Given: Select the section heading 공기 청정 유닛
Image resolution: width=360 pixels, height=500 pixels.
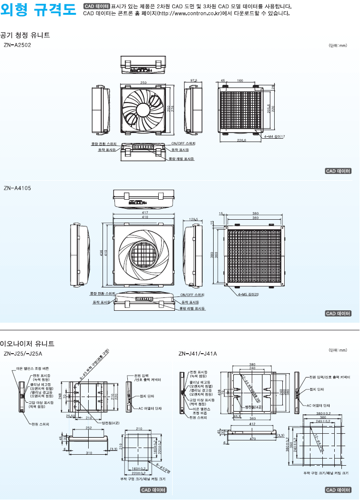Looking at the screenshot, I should (x=25, y=35).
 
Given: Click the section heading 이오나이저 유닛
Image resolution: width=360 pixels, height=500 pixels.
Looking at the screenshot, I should (x=27, y=343).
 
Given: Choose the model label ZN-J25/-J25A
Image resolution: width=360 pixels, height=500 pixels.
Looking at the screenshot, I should (x=23, y=354).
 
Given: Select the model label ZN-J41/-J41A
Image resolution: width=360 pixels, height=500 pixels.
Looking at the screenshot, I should (x=197, y=354).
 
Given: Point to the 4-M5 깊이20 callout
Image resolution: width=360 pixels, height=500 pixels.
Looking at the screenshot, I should (x=248, y=295).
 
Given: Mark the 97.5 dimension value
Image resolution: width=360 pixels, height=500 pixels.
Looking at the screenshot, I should (x=194, y=81).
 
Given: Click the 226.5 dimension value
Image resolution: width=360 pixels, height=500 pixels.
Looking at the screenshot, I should (x=241, y=141).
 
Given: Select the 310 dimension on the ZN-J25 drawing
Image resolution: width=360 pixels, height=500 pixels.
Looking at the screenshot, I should (x=89, y=452).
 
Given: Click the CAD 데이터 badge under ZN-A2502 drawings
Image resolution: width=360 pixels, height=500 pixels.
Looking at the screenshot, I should (x=338, y=171).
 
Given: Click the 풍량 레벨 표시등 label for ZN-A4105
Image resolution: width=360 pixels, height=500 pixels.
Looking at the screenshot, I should (x=193, y=308).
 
